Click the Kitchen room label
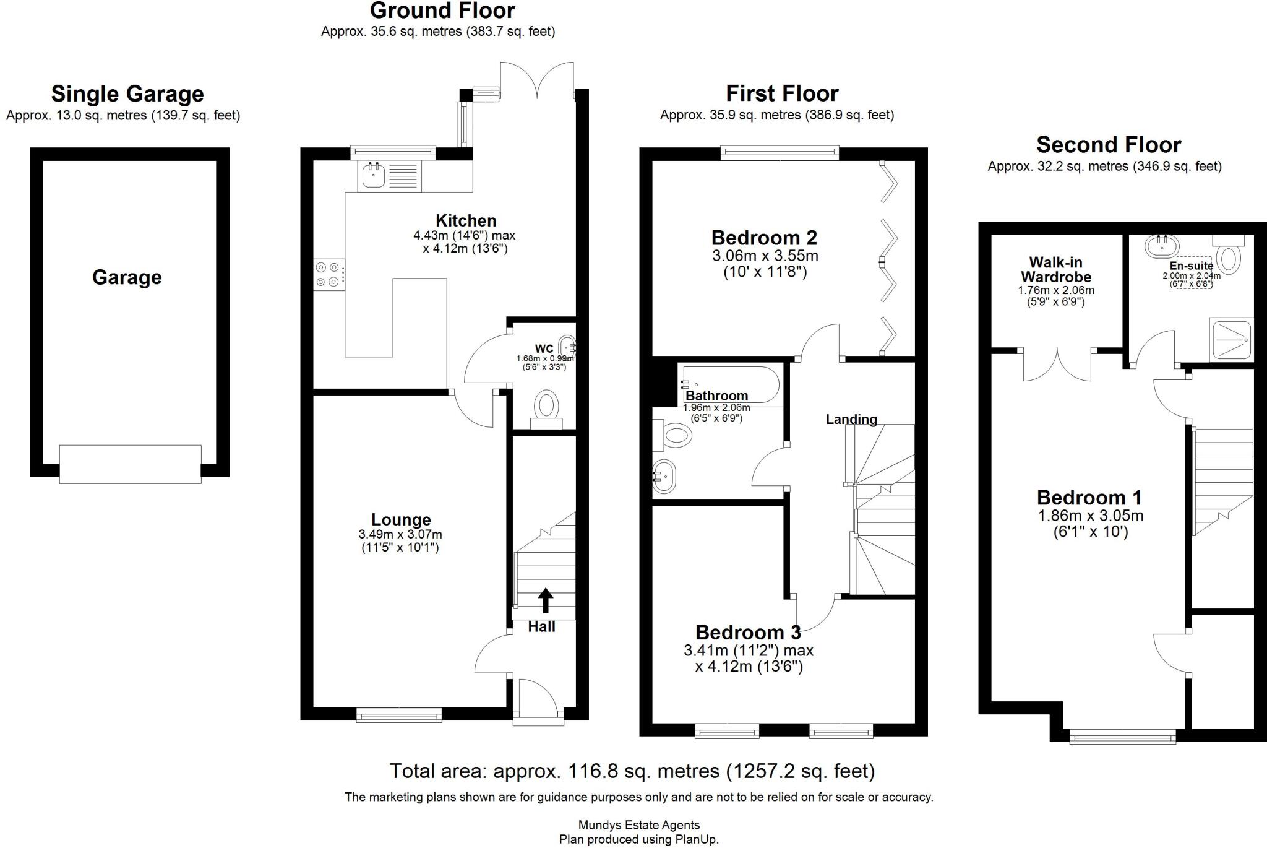pyautogui.click(x=465, y=221)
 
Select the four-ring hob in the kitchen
pyautogui.click(x=328, y=275)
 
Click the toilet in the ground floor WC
pyautogui.click(x=547, y=407)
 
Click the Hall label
pyautogui.click(x=541, y=627)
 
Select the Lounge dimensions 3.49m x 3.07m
pyautogui.click(x=400, y=535)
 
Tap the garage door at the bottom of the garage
pyautogui.click(x=130, y=464)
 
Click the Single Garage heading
pyautogui.click(x=127, y=94)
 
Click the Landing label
pyautogui.click(x=851, y=420)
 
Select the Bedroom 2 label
pyautogui.click(x=764, y=238)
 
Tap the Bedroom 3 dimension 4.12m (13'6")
pyautogui.click(x=749, y=667)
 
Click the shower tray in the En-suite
pyautogui.click(x=1231, y=339)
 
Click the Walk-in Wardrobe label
pyautogui.click(x=1055, y=270)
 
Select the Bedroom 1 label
pyautogui.click(x=1089, y=498)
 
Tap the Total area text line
pyautogui.click(x=632, y=771)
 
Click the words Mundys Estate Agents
pyautogui.click(x=638, y=825)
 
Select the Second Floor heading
pyautogui.click(x=1109, y=145)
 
